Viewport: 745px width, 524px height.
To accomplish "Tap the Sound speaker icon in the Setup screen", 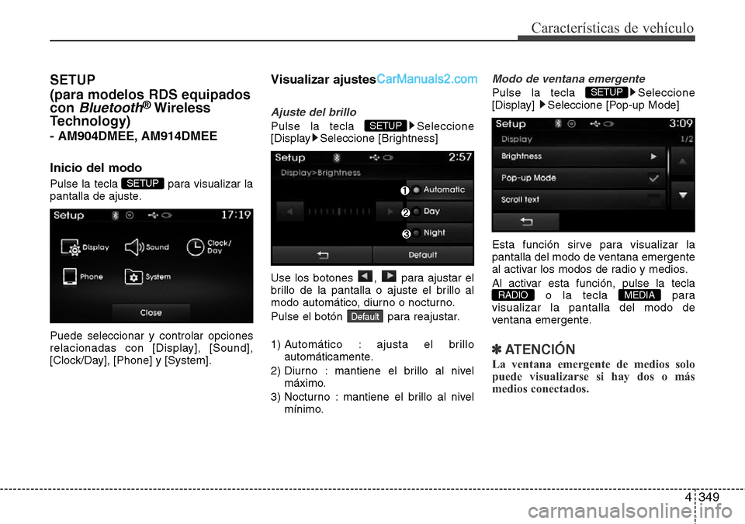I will (134, 246).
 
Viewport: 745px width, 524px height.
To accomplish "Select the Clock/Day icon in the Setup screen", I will (197, 246).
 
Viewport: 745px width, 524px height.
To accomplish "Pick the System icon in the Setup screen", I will (134, 276).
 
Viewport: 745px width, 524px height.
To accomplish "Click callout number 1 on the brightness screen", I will (404, 191).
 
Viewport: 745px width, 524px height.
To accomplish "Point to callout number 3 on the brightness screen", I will (404, 234).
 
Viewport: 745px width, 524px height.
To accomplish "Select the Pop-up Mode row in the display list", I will (579, 178).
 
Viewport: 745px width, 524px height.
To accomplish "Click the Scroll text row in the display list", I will (579, 200).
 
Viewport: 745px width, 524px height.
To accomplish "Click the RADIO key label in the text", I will (513, 295).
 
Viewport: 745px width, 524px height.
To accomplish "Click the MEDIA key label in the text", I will (639, 295).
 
